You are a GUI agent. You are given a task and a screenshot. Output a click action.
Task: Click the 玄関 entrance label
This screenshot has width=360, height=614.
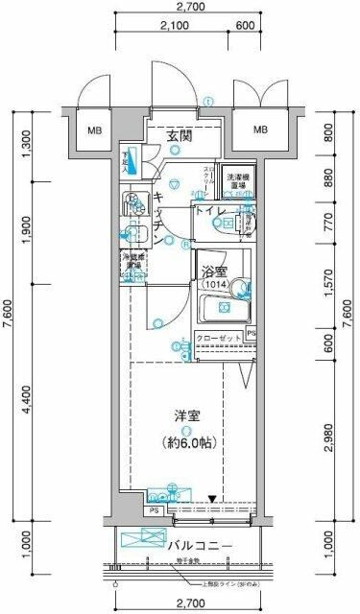[x=180, y=136]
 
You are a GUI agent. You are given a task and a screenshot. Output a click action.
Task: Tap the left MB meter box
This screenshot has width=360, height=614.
[x=95, y=130]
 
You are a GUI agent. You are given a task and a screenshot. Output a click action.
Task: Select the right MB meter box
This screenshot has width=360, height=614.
[x=260, y=130]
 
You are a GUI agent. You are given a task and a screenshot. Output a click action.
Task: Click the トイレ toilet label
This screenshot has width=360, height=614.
[x=211, y=211]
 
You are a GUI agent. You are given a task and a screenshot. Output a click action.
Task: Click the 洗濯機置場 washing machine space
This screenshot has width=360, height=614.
[x=238, y=181]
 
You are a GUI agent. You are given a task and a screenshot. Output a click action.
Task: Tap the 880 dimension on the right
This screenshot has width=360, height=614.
[x=329, y=179]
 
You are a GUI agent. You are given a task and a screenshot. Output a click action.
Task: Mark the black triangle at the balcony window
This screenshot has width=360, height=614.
[x=213, y=499]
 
